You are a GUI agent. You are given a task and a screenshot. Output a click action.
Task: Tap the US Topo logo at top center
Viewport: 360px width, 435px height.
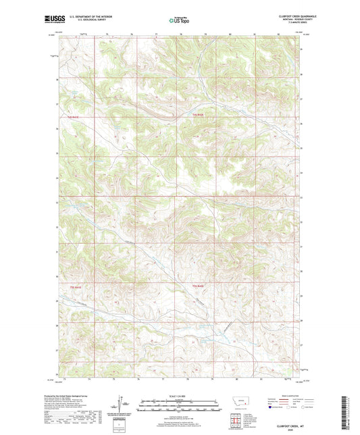(x=179, y=21)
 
